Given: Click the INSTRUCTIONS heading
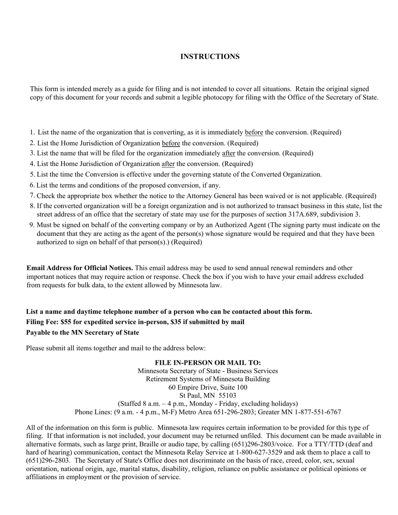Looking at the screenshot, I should click(x=210, y=57).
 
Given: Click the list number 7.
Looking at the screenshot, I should click(x=32, y=195).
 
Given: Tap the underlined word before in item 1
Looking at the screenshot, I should click(x=254, y=132).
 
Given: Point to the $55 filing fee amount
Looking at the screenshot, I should click(x=67, y=322).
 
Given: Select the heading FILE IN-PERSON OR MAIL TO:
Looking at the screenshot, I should click(x=208, y=363).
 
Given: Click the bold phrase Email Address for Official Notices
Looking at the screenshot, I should click(x=80, y=268).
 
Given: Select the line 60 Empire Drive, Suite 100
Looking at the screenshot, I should click(x=208, y=387).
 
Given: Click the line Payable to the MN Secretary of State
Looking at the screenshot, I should click(x=83, y=332).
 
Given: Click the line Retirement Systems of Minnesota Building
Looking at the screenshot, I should click(x=208, y=379).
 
